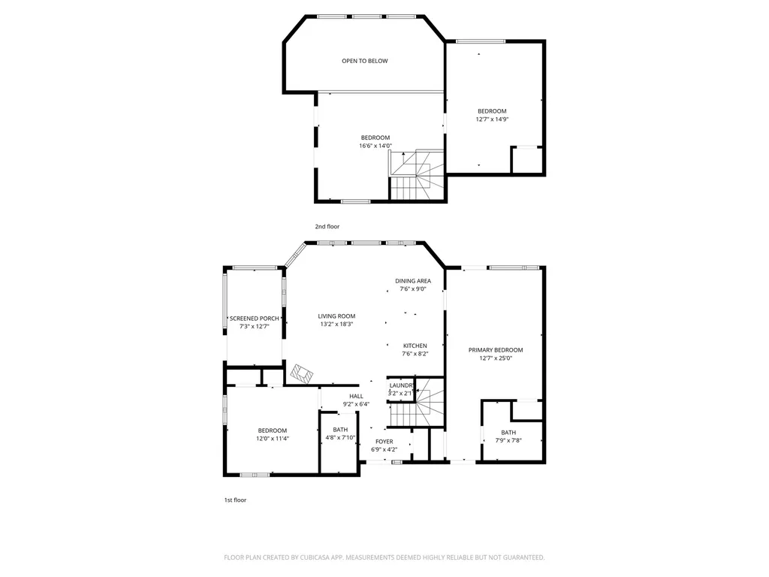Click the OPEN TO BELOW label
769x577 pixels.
click(364, 61)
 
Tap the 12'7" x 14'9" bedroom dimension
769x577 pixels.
click(492, 119)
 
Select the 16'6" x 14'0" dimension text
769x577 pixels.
click(375, 146)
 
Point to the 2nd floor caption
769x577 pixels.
click(327, 227)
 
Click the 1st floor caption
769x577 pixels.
click(235, 500)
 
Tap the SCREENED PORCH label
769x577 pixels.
click(254, 319)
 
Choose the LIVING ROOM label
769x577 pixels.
click(336, 316)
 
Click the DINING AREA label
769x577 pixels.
click(413, 281)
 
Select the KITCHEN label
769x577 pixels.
click(415, 346)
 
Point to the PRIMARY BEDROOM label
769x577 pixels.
click(496, 350)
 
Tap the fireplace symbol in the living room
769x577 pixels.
click(302, 374)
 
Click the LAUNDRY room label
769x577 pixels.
click(401, 385)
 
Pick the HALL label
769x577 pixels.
click(356, 397)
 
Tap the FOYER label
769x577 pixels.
click(384, 442)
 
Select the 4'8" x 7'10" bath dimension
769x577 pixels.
click(340, 438)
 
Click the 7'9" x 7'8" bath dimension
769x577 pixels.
click(508, 440)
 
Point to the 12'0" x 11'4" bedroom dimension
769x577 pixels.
click(272, 439)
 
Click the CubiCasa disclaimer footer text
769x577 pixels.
click(384, 557)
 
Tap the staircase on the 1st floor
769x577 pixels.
click(417, 403)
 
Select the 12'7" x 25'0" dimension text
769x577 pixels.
click(496, 358)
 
